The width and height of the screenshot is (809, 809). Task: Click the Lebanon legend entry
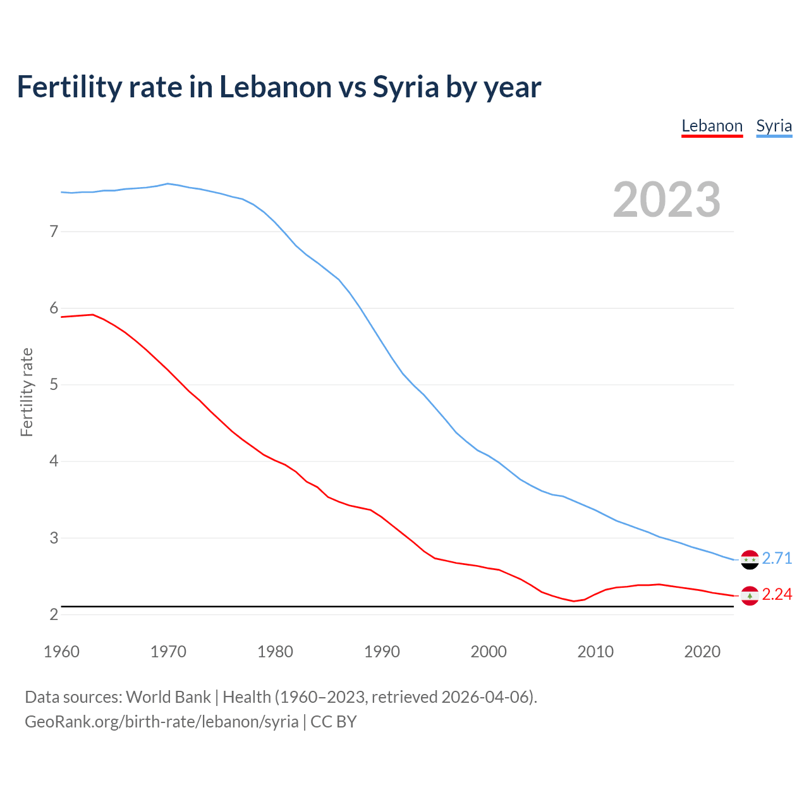pos(712,126)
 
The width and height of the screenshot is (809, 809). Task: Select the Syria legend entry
pos(774,126)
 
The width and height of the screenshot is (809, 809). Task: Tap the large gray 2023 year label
pos(667,200)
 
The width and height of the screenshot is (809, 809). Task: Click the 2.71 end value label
pos(777,559)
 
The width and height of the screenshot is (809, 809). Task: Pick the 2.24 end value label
pos(777,595)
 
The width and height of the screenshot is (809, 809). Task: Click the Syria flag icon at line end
pos(750,559)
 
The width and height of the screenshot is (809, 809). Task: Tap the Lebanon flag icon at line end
pos(750,595)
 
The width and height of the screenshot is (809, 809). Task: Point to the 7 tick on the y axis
pos(54,232)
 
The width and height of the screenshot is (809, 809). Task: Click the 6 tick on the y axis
pos(54,308)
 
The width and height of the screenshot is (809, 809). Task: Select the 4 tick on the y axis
pos(54,461)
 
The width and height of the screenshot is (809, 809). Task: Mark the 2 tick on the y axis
pos(54,614)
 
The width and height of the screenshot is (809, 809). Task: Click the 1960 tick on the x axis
pos(61,652)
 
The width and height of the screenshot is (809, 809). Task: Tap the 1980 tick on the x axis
pos(275,652)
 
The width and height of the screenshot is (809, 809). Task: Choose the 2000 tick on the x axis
pos(489,652)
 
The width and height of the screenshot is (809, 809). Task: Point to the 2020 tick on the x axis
pos(702,652)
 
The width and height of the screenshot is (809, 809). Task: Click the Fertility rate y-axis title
pos(27,392)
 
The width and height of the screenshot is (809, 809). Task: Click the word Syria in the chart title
pos(405,87)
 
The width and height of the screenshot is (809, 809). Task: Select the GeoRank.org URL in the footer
pos(161,722)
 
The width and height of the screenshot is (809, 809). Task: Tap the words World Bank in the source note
pos(168,697)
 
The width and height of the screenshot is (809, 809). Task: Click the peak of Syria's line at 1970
pos(167,184)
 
